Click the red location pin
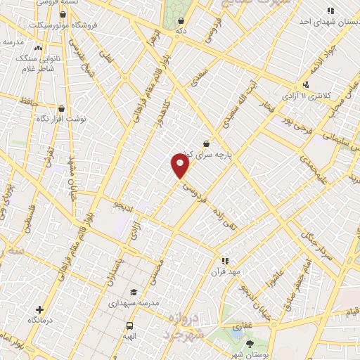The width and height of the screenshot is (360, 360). pyautogui.click(x=181, y=166)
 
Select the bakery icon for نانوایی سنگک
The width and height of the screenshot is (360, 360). pyautogui.click(x=38, y=49)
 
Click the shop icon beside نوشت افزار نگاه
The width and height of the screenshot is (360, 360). pyautogui.click(x=62, y=109)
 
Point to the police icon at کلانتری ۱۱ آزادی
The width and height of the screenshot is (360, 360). pyautogui.click(x=306, y=84)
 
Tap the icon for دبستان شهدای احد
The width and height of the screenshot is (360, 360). pyautogui.click(x=330, y=11)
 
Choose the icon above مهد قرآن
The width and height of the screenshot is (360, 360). pyautogui.click(x=224, y=260)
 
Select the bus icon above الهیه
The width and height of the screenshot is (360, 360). pyautogui.click(x=130, y=326)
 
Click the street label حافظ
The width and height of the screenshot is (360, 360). pyautogui.click(x=28, y=103)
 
